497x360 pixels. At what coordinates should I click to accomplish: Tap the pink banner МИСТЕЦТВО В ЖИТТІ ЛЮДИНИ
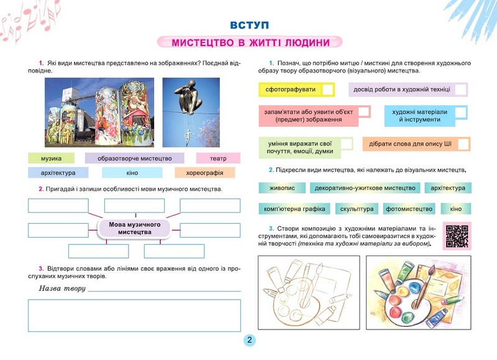click(x=249, y=43)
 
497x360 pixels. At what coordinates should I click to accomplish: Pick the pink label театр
click(x=218, y=158)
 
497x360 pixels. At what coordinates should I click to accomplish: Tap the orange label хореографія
click(x=205, y=173)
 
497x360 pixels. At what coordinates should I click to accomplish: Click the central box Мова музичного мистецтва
click(x=135, y=228)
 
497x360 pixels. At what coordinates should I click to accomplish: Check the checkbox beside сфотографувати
click(x=327, y=90)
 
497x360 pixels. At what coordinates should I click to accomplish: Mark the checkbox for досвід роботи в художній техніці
click(x=460, y=90)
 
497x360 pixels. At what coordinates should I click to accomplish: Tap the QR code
click(x=457, y=236)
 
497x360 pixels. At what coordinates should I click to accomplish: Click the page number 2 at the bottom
click(x=248, y=341)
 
